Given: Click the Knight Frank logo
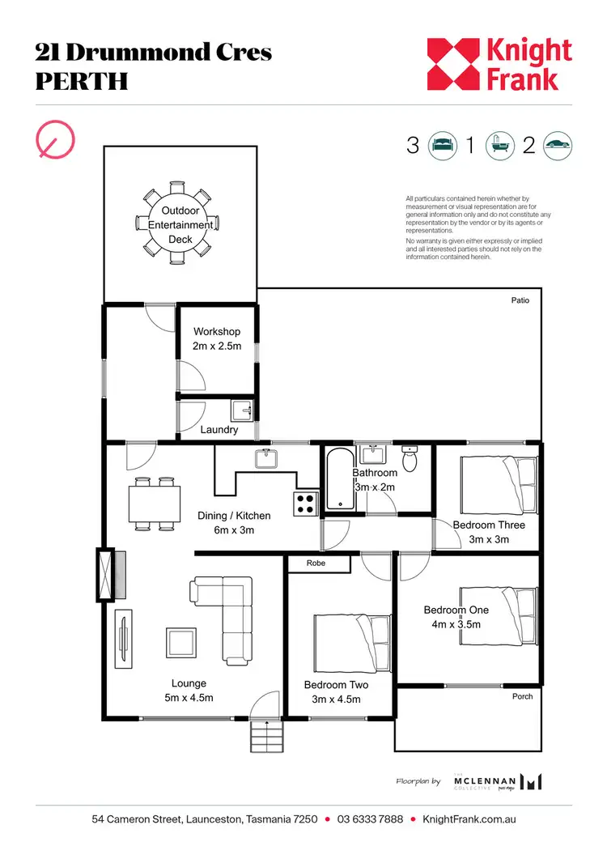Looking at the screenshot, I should point(499,64).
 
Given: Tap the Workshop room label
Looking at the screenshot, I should point(217,332).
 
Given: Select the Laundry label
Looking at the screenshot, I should point(219,430).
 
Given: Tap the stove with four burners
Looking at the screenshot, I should point(306,504).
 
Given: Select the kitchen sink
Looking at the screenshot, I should point(266,459).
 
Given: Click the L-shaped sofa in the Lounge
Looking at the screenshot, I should point(224,603).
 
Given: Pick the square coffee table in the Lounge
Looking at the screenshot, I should point(180,644).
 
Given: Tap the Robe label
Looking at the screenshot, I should point(316,563).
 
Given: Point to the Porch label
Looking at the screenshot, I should point(523,696).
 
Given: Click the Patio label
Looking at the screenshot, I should point(520,300).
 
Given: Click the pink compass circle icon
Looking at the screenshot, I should point(57,139).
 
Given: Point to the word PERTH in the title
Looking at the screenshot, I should point(82,82).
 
